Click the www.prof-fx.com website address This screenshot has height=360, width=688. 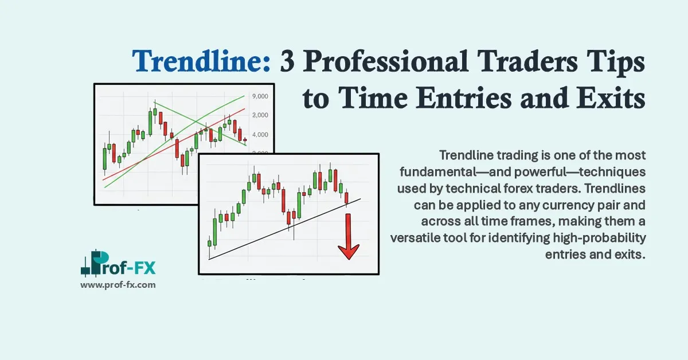point(118,284)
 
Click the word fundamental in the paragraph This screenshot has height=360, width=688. point(432,172)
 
